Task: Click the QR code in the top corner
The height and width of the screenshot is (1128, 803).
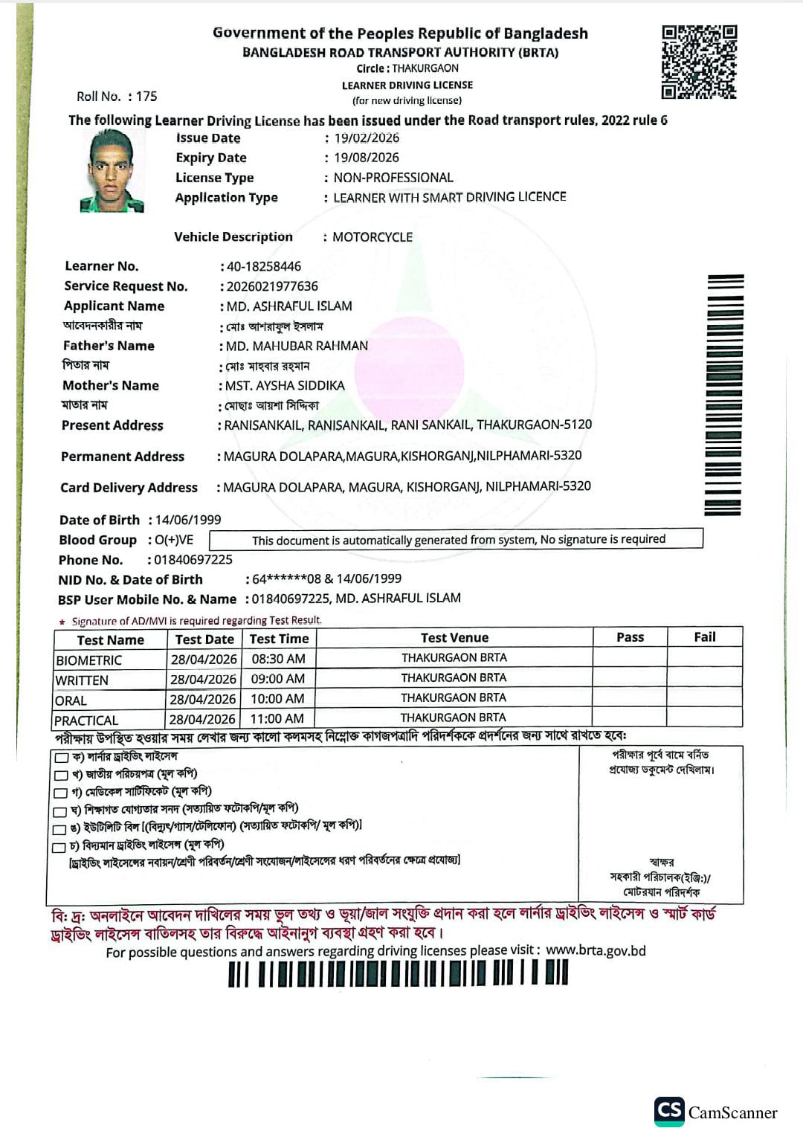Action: point(699,62)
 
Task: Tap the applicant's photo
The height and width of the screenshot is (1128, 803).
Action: point(112,171)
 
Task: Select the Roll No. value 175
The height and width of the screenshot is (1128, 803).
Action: point(146,97)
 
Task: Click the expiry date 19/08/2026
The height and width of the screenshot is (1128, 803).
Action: point(366,158)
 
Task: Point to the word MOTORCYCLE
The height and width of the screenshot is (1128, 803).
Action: point(373,237)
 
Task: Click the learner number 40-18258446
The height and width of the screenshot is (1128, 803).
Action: point(264,266)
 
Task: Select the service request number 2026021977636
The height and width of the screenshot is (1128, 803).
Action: point(272,286)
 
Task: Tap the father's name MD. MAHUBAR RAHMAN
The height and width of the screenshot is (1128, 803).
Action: point(297,346)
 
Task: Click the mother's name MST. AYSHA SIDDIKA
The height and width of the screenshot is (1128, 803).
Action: point(285,385)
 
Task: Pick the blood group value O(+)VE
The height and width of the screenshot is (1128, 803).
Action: point(174,540)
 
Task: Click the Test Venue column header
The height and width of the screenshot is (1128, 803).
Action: point(454,637)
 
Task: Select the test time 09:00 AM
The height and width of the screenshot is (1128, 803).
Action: point(278,678)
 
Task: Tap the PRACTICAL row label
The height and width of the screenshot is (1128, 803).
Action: point(86,720)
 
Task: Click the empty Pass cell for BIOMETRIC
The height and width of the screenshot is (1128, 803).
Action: point(630,657)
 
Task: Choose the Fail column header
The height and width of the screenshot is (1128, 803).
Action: point(704,636)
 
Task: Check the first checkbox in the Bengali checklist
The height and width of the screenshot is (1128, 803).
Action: point(61,758)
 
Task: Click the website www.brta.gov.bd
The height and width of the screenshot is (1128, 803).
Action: point(596,950)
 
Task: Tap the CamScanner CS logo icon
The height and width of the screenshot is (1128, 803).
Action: point(669,1111)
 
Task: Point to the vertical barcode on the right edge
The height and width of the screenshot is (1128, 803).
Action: point(723,395)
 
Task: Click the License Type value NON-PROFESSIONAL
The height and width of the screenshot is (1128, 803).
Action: point(393,178)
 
